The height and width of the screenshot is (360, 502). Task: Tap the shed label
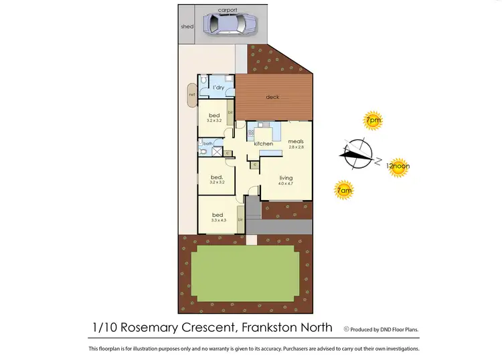tap(187, 27)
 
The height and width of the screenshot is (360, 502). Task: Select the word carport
tap(228, 11)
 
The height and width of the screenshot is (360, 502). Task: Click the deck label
tap(272, 97)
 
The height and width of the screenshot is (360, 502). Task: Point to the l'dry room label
tap(218, 88)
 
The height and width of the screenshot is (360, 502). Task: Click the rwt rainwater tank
tap(191, 94)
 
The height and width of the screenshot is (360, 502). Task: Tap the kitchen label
tap(263, 144)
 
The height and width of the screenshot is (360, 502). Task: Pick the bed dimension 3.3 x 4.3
tap(218, 220)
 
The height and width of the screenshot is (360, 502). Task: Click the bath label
tap(207, 143)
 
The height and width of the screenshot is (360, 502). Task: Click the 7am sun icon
tap(343, 190)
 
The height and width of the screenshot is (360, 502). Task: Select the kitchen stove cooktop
tap(251, 132)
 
